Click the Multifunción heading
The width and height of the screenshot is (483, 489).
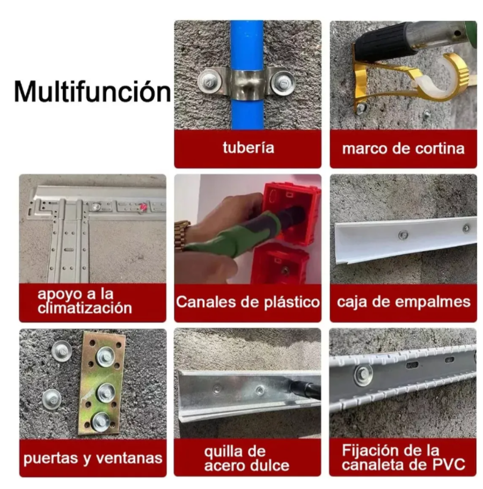[93, 91]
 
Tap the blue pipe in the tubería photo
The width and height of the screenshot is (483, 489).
[247, 75]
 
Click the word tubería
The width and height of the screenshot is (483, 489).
[248, 147]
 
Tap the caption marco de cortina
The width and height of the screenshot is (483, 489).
[403, 149]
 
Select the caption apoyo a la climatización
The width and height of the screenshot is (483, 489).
[85, 301]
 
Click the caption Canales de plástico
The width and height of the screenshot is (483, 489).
[248, 302]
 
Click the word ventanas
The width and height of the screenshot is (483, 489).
[129, 458]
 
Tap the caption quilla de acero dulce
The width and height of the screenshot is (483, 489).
[247, 458]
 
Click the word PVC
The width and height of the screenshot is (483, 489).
[449, 464]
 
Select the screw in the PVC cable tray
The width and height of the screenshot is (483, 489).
[363, 373]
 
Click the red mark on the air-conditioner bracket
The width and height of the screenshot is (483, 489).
[144, 206]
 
